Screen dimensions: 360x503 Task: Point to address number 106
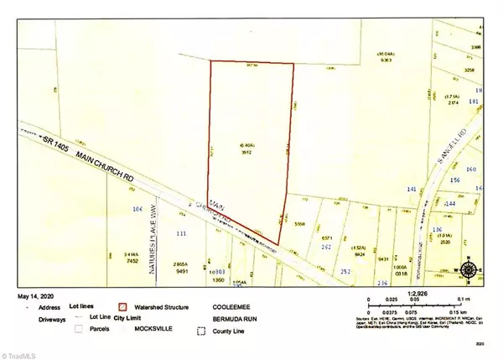[139, 208]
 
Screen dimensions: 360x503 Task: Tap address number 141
[411, 190]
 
